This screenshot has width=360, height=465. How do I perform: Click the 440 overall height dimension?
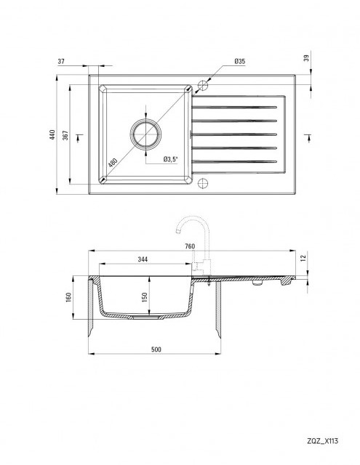[52, 134]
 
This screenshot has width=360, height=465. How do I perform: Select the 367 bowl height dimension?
[65, 135]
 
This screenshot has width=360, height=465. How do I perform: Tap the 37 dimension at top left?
[61, 61]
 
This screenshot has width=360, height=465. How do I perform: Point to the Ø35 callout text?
[239, 61]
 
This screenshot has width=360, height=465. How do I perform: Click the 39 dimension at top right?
[307, 57]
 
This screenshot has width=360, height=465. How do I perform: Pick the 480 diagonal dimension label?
[113, 163]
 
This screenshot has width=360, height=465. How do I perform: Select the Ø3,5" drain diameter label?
[170, 159]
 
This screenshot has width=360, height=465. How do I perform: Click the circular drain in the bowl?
[145, 134]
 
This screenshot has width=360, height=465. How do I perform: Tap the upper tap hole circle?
[203, 85]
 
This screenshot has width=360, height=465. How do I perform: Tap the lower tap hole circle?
[203, 183]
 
